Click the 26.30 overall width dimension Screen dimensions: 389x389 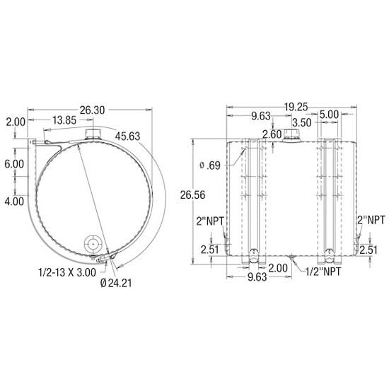point(92,110)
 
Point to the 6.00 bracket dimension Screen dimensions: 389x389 point(14,163)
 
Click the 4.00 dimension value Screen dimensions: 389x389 point(14,201)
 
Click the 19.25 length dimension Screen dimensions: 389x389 point(296,107)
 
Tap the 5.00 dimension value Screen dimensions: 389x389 point(328,115)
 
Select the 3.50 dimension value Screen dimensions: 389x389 point(301,122)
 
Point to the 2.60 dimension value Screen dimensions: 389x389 point(272,134)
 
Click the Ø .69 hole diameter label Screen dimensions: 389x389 point(210,166)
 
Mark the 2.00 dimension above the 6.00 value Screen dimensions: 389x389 point(14,122)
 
